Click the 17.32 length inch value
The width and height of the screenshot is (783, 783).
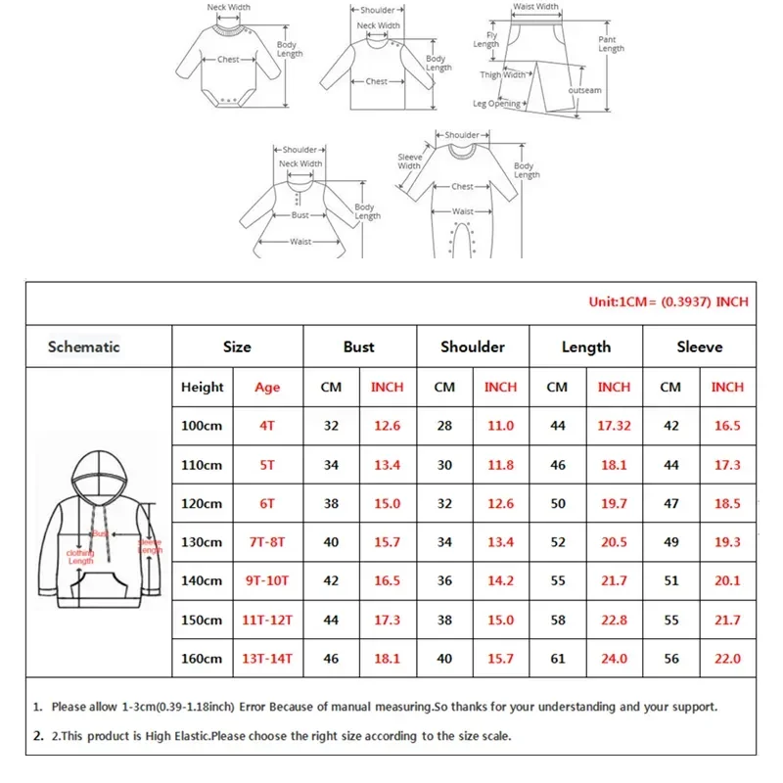[x=614, y=426]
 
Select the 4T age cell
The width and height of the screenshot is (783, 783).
[x=266, y=426]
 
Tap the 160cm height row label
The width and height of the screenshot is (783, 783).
[x=202, y=659]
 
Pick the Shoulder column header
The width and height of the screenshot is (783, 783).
[x=473, y=346]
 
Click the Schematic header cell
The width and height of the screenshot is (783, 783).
[x=84, y=346]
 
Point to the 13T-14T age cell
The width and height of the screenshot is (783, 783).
[x=266, y=659]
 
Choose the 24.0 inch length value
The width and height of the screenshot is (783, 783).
[x=614, y=659]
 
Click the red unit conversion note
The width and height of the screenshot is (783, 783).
[x=668, y=301]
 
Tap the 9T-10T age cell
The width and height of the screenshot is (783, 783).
[x=266, y=580]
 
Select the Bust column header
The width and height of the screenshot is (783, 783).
[x=359, y=346]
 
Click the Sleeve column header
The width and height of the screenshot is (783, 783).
[x=699, y=346]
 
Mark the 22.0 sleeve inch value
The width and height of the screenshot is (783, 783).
[x=727, y=659]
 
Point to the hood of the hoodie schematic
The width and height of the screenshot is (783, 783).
[x=95, y=476]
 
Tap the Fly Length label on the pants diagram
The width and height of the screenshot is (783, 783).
[x=486, y=39]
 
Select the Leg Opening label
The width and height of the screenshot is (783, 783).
[x=497, y=104]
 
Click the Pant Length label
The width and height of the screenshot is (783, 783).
[x=611, y=44]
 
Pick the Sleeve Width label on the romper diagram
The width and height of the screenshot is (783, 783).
[x=409, y=161]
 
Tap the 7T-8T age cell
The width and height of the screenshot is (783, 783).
[x=266, y=542]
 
